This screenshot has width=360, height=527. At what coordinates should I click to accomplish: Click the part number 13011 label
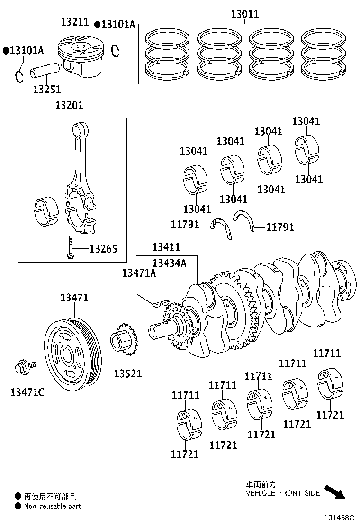pos(244,14)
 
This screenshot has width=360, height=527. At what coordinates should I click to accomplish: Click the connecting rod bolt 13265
pos(69,249)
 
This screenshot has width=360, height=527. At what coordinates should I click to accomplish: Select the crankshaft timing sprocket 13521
pos(124,342)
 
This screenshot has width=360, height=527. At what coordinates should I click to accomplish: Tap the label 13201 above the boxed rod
pos(69,105)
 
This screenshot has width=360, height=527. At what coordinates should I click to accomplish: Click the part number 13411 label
pos(166,247)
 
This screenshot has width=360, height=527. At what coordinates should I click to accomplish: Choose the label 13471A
pos(139,273)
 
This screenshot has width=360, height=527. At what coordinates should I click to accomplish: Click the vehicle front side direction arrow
pos(334,492)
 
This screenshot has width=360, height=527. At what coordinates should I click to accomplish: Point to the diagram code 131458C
pos(339,519)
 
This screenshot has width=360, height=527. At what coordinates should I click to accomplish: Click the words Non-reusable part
pos(52,506)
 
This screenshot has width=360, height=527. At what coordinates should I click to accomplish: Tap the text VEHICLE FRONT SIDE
pos(282,493)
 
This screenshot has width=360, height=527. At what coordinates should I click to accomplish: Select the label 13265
pos(103,249)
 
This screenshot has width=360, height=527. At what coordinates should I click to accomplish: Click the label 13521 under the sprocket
pos(128,373)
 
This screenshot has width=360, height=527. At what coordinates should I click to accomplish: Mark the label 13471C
pos(27,392)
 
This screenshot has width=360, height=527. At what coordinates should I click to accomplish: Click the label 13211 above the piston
pos(75,22)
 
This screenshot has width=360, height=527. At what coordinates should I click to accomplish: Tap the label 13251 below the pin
pos(46,89)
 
